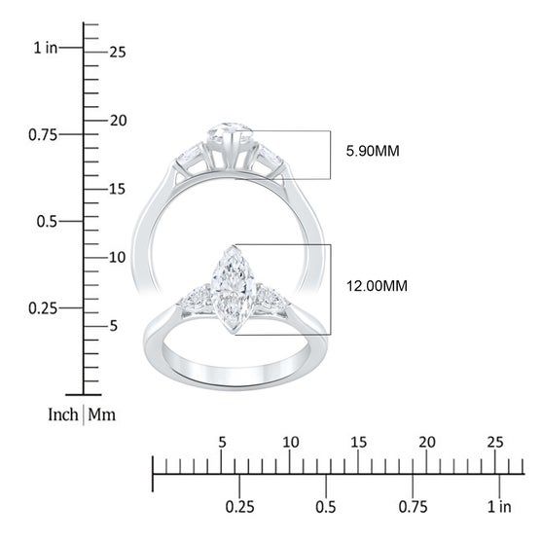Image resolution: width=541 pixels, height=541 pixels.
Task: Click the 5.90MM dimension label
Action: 373,151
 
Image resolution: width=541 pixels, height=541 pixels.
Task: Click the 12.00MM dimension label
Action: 377,286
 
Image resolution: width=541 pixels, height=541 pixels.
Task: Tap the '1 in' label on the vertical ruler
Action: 45,48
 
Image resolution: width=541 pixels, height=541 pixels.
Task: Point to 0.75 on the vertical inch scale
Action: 43,135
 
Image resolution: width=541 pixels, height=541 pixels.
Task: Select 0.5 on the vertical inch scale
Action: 47,222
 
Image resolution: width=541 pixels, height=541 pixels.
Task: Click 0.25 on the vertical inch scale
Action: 43,308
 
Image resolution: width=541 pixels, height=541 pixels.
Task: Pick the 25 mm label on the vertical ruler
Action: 118,53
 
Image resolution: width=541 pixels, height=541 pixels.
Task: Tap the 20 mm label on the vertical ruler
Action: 119,121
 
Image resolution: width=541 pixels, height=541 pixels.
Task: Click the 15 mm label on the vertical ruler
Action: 117,189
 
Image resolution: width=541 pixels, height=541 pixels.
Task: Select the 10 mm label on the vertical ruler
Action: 118,258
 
